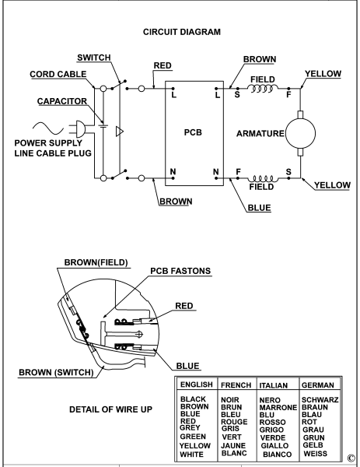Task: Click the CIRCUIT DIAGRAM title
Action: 182,32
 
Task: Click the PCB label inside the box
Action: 193,132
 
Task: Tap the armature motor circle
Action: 300,133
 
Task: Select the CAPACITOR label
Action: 62,101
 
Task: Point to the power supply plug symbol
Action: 78,129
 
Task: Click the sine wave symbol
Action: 48,128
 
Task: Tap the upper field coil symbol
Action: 263,88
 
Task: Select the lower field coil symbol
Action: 263,179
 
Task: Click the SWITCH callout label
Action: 94,58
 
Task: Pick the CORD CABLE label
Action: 58,74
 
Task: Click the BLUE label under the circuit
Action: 259,208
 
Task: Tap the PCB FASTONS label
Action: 180,271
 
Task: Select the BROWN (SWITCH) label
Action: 56,372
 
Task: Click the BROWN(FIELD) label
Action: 96,262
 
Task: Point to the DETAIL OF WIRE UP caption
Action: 110,409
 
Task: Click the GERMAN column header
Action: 318,385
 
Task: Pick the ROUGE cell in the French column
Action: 234,422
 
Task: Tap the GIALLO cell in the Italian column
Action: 274,445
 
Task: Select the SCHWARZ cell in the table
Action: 320,400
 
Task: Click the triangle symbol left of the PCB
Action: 119,132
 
